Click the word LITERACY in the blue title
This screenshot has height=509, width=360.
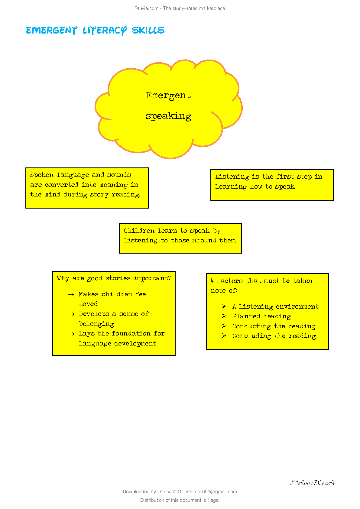105,31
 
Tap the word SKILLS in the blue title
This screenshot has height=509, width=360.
148,30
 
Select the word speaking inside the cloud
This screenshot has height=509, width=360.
168,116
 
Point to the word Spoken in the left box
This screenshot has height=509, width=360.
42,175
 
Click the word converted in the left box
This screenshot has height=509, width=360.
61,185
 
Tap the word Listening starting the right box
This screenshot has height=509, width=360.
232,177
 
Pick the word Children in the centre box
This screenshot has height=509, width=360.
139,231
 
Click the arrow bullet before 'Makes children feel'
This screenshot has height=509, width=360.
71,294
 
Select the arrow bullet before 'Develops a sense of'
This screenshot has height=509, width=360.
71,314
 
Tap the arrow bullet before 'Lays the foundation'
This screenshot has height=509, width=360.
71,334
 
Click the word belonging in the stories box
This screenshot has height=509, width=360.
96,324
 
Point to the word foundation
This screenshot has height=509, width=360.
131,333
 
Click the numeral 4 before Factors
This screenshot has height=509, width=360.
212,281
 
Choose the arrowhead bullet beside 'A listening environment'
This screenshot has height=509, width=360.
224,306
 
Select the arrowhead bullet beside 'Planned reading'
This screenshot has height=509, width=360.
224,316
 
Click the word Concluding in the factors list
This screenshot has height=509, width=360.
251,336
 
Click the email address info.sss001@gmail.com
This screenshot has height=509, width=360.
211,492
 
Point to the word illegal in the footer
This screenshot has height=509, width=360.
213,500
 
